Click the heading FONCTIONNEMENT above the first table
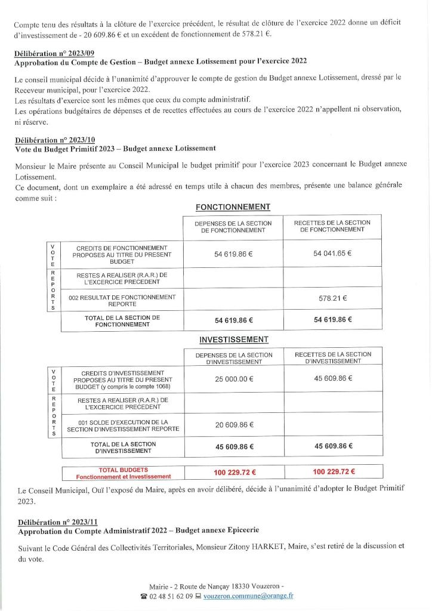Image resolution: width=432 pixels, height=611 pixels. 233,207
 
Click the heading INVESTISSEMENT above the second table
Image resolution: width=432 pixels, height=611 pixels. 233,340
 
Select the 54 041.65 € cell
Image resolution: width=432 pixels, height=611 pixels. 332,254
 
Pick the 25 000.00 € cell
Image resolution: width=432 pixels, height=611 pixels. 233,378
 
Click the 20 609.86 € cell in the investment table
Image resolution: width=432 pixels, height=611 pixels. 233,424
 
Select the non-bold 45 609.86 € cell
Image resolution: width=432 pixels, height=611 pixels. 332,378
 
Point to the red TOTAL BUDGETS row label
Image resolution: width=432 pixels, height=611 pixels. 123,473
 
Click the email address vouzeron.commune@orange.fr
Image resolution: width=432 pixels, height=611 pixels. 248,595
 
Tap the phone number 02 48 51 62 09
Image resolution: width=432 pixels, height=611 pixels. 171,595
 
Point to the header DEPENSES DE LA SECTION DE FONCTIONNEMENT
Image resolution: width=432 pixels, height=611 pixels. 233,226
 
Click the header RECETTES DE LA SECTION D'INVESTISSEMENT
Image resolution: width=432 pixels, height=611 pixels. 332,357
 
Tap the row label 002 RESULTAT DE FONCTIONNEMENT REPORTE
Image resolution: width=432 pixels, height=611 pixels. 122,300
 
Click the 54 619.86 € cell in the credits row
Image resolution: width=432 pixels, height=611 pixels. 233,254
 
